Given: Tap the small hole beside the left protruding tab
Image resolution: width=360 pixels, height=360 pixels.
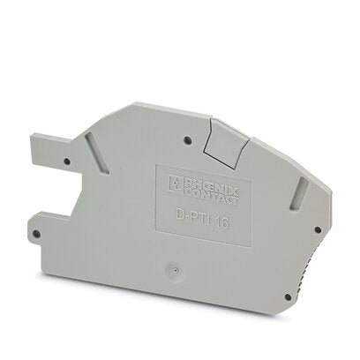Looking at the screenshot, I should point(67,161).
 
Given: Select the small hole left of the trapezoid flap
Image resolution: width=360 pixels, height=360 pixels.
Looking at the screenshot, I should point(188,139).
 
